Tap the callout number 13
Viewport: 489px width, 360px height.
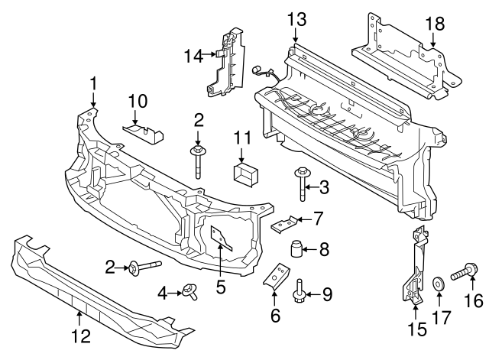(x=296, y=18)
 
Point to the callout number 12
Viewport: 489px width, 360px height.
(x=80, y=334)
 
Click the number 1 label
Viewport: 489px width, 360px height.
(x=93, y=83)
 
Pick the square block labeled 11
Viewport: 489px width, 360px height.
(x=245, y=174)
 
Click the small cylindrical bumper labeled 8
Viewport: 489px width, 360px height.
(x=296, y=249)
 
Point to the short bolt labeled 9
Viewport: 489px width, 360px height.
(x=300, y=290)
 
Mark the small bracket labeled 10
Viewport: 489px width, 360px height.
(x=145, y=133)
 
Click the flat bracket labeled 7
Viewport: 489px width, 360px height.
(x=287, y=225)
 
